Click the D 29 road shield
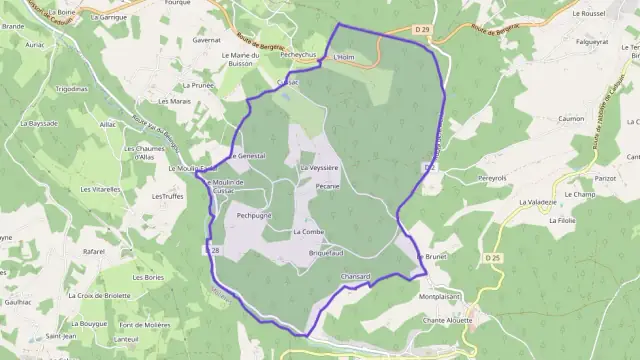(x=420, y=31)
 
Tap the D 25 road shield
(x=492, y=259)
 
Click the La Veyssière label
(x=320, y=168)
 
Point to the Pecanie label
(x=327, y=187)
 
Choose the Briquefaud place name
(x=325, y=253)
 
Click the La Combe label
(x=309, y=232)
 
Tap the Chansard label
(x=356, y=276)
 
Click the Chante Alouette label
(x=448, y=320)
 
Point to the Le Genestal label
(x=247, y=157)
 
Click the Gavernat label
(x=235, y=40)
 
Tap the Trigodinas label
(x=72, y=89)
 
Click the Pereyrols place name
(x=492, y=178)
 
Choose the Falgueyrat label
(x=592, y=42)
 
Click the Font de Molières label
(x=142, y=325)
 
